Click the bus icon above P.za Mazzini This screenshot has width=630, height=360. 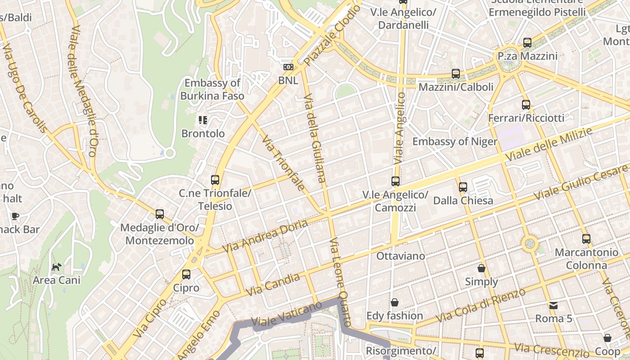point(527,43)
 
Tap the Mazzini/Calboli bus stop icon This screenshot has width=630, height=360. point(456,74)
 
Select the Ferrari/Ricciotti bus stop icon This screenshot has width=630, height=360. point(526,105)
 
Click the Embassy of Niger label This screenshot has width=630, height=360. point(455,142)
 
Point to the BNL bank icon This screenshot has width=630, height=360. point(288,67)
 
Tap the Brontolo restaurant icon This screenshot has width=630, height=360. point(203,120)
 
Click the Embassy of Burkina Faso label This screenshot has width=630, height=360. point(212,89)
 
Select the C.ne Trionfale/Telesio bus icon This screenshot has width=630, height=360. point(215,180)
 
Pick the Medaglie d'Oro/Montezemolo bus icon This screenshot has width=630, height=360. point(160,214)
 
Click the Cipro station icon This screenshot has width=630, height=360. point(186,274)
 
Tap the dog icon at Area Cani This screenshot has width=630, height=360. point(56,267)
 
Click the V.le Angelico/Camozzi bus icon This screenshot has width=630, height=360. point(396,181)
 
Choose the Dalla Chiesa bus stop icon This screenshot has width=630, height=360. point(463,187)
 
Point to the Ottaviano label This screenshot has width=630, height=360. point(400,256)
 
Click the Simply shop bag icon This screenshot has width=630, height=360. point(481,269)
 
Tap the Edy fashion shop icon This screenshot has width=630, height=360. point(395,302)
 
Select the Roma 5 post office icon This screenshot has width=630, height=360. point(553,306)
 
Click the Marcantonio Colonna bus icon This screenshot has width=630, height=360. point(586,239)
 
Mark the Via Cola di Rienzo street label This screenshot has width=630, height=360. point(481,305)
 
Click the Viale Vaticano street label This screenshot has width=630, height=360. point(287,314)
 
